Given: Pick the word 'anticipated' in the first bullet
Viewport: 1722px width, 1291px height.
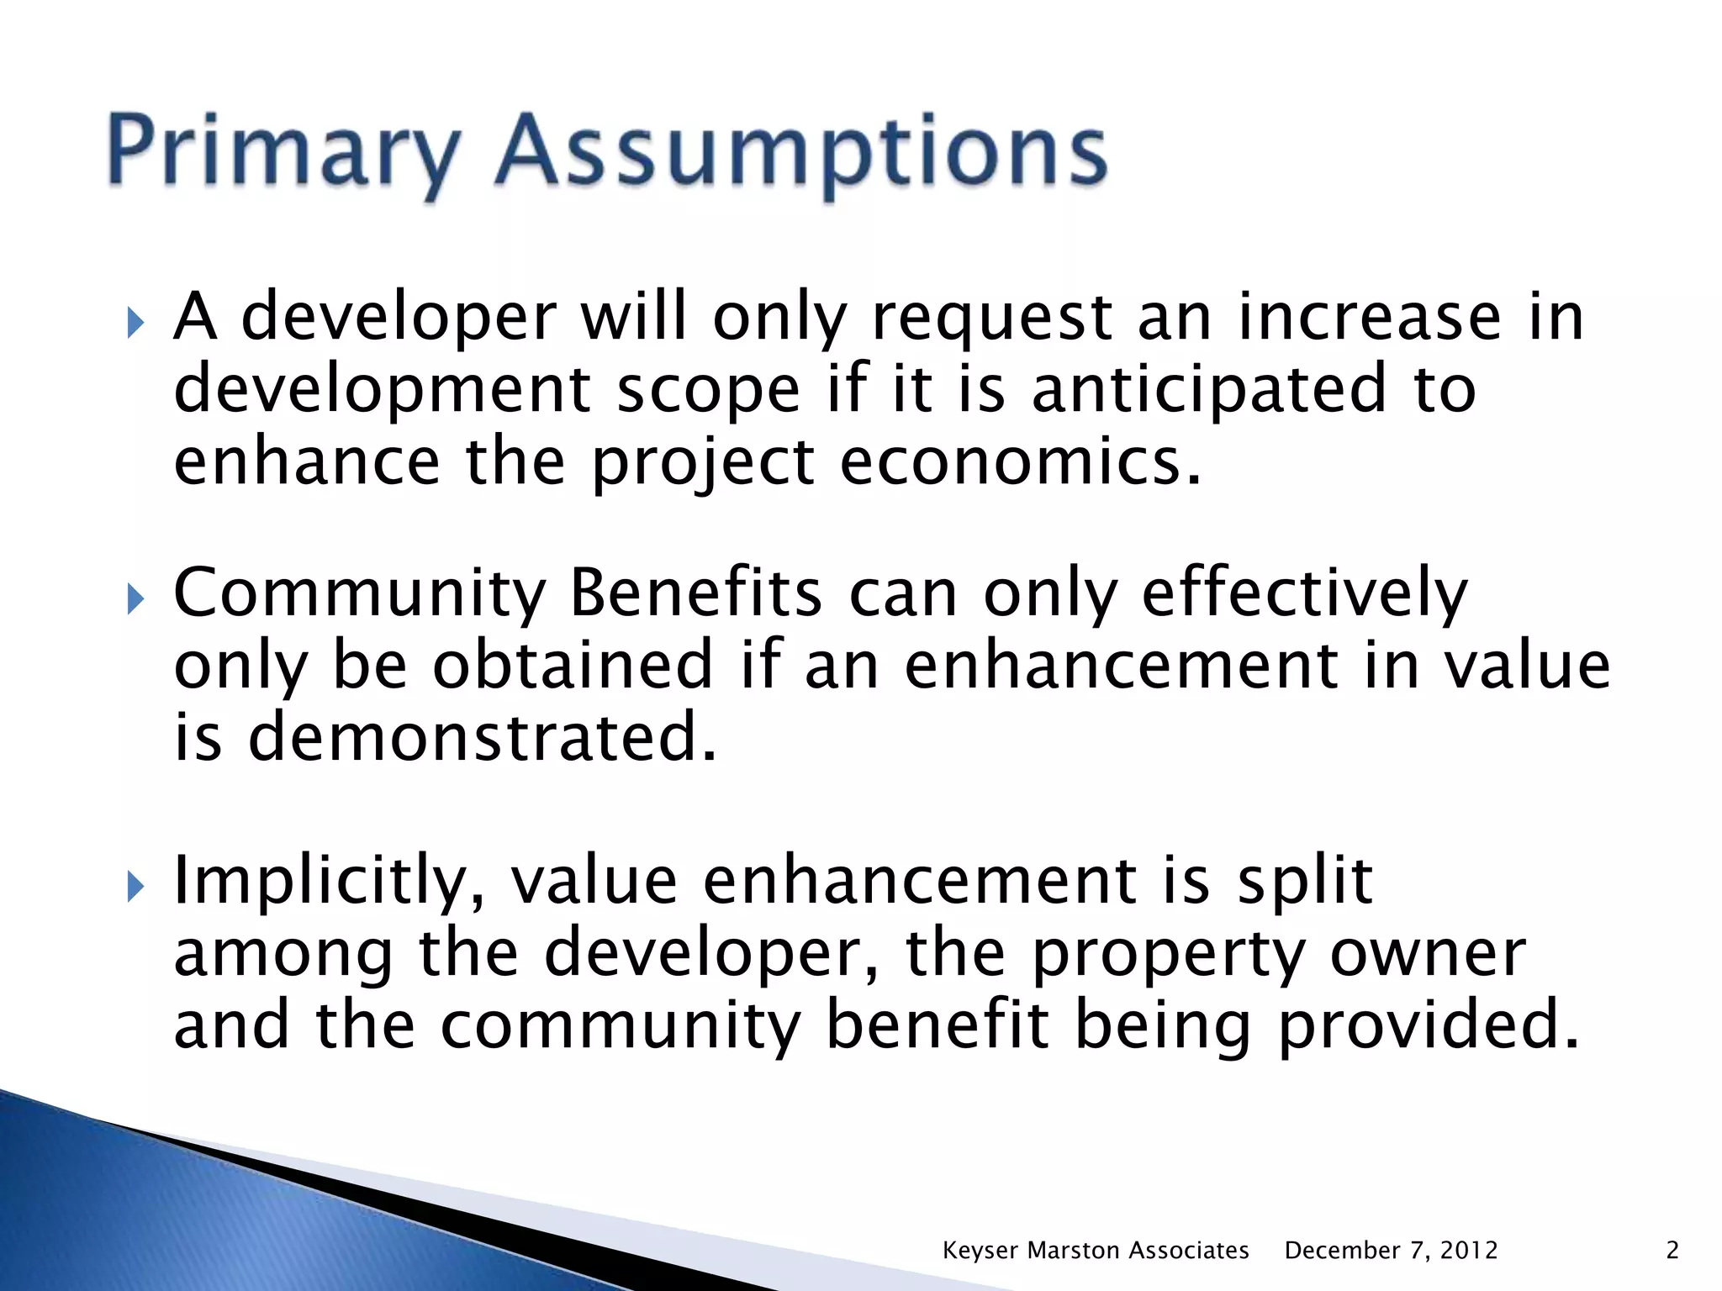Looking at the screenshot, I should (x=1208, y=390).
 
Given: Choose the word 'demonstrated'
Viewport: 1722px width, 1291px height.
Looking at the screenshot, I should (x=483, y=737).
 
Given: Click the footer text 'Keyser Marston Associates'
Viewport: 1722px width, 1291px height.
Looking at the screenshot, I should (x=1096, y=1251).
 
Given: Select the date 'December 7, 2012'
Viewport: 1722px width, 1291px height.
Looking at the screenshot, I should (x=1391, y=1251).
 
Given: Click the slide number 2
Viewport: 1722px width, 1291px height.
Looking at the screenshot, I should (x=1672, y=1251).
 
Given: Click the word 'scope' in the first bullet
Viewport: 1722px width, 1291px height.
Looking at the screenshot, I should (x=709, y=390).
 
